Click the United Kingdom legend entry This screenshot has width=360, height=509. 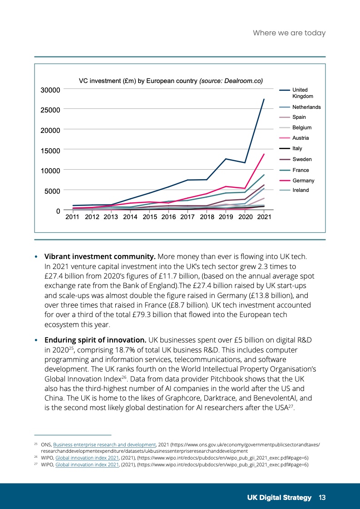(x=300, y=93)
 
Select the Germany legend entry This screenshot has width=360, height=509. (x=303, y=181)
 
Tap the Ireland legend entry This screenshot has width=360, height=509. (x=300, y=190)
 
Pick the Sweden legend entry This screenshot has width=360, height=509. (x=302, y=159)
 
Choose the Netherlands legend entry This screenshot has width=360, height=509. (x=306, y=107)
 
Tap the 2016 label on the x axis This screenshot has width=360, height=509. (x=168, y=217)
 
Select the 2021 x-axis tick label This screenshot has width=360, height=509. (x=264, y=217)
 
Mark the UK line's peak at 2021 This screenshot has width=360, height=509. (x=264, y=99)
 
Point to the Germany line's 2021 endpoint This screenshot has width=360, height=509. (x=264, y=154)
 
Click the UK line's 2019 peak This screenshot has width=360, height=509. (x=226, y=159)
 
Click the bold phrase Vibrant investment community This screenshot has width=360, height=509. (x=100, y=257)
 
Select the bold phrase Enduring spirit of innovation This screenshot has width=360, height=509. (x=95, y=340)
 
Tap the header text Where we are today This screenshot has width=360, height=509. (x=289, y=33)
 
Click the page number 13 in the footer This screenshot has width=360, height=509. (x=322, y=498)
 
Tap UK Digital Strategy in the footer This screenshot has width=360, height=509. (x=279, y=498)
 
